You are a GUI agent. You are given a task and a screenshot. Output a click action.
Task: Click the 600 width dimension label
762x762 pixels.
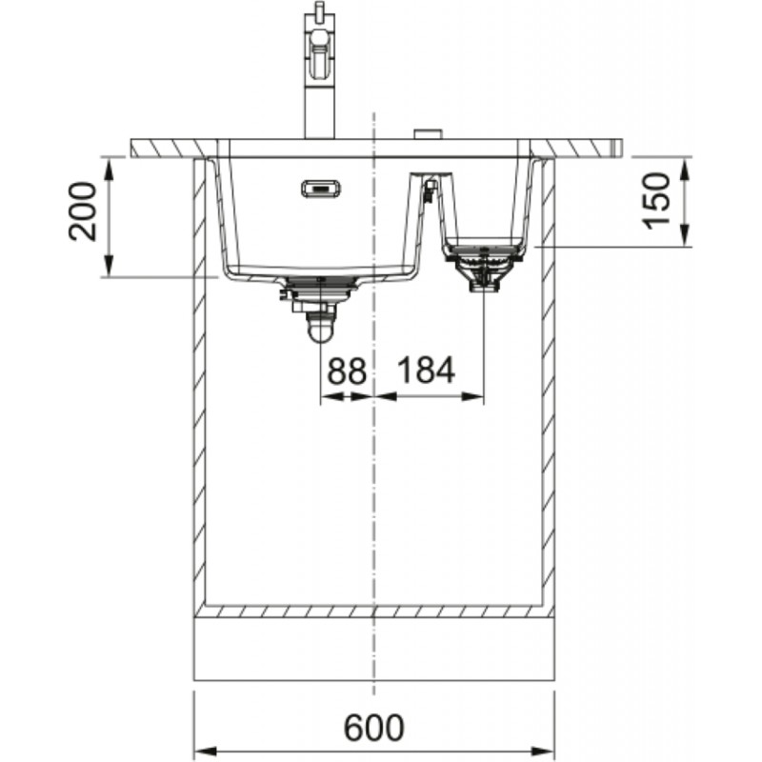[373, 728]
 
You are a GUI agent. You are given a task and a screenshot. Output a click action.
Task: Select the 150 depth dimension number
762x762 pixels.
[655, 199]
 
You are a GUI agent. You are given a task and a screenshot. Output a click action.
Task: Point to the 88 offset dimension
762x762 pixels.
[347, 371]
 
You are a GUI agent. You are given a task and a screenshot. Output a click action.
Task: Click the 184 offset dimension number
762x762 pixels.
[426, 371]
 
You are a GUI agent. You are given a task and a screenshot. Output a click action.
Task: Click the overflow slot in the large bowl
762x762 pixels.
[322, 189]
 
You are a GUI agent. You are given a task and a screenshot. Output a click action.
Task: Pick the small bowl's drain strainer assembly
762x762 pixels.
[483, 268]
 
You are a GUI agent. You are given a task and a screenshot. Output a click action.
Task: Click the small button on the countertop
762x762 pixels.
[427, 134]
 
